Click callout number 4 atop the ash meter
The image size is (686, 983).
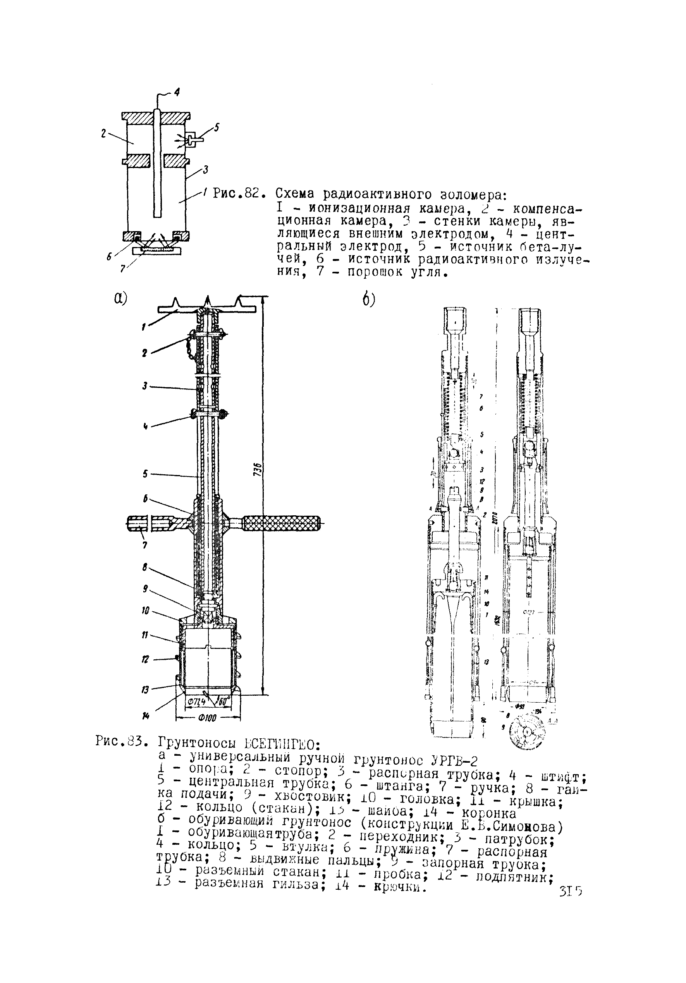(x=176, y=92)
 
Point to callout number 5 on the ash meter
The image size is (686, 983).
(x=217, y=127)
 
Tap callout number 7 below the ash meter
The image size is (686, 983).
(x=122, y=268)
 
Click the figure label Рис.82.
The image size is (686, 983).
(x=237, y=194)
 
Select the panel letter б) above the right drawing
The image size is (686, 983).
(x=368, y=300)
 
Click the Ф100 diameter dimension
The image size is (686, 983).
(x=208, y=718)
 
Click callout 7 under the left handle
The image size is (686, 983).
(x=145, y=546)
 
